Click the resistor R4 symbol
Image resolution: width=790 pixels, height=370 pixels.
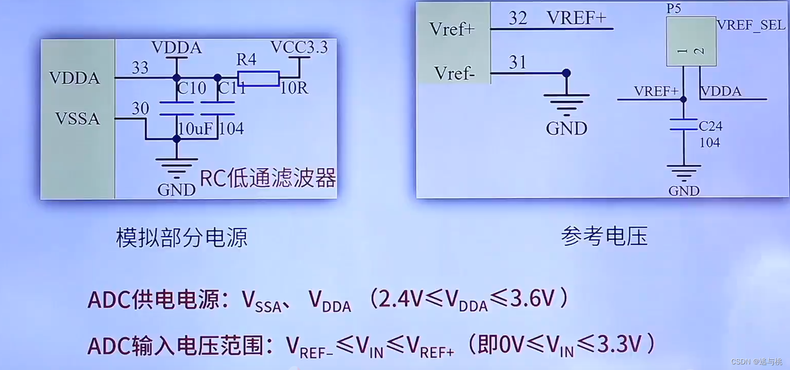coord(258,79)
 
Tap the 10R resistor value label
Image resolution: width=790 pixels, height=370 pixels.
coord(294,88)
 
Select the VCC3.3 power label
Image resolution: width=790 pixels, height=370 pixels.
coord(299,48)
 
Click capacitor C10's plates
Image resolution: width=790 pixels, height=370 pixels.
coord(177,108)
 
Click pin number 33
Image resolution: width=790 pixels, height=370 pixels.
coord(140,67)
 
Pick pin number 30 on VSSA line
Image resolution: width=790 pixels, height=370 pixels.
coord(140,108)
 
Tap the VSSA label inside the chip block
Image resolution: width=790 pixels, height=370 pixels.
coord(78,119)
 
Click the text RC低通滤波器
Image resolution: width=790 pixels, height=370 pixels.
coord(267,179)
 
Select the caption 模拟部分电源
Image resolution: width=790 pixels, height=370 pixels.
coord(182,238)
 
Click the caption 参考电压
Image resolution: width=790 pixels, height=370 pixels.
coord(604,236)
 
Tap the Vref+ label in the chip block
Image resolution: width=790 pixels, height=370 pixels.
coord(452,29)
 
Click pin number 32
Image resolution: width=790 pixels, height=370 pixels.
coord(517,18)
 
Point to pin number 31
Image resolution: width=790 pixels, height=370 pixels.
coord(517,62)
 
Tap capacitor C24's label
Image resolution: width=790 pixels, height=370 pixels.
coord(710,126)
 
